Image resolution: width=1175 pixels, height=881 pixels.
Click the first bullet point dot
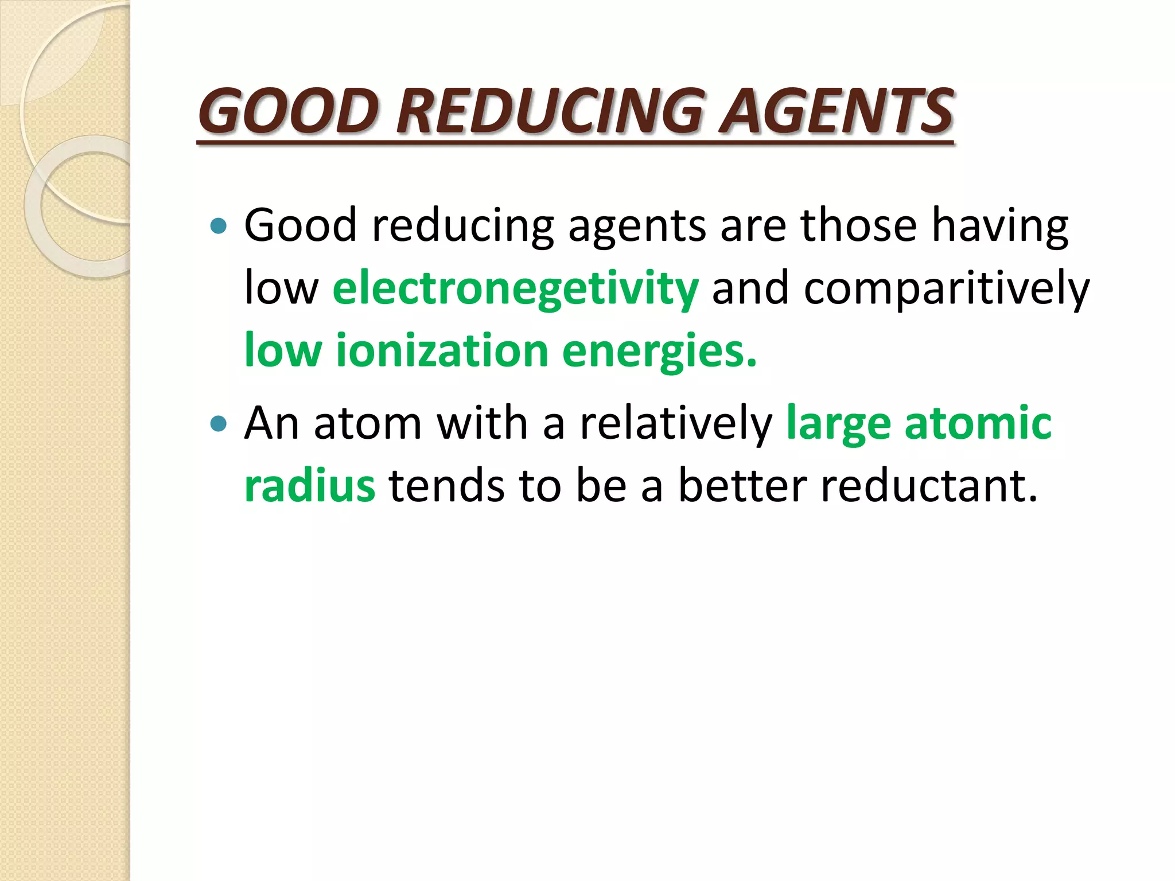pos(219,226)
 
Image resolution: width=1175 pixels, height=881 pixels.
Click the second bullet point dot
pos(219,424)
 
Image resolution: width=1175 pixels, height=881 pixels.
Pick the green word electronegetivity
pos(515,289)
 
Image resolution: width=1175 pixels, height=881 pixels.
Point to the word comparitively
pos(946,289)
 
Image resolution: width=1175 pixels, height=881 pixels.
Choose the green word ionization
pos(442,350)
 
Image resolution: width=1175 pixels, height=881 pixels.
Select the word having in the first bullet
pos(1000,226)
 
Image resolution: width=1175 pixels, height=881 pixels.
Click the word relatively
pos(676,424)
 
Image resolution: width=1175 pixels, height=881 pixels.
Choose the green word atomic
pos(978,424)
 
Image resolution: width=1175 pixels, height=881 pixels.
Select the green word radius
pos(310,486)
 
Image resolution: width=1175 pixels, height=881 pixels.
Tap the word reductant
pos(929,486)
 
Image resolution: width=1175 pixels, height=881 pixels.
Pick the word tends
pos(447,486)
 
